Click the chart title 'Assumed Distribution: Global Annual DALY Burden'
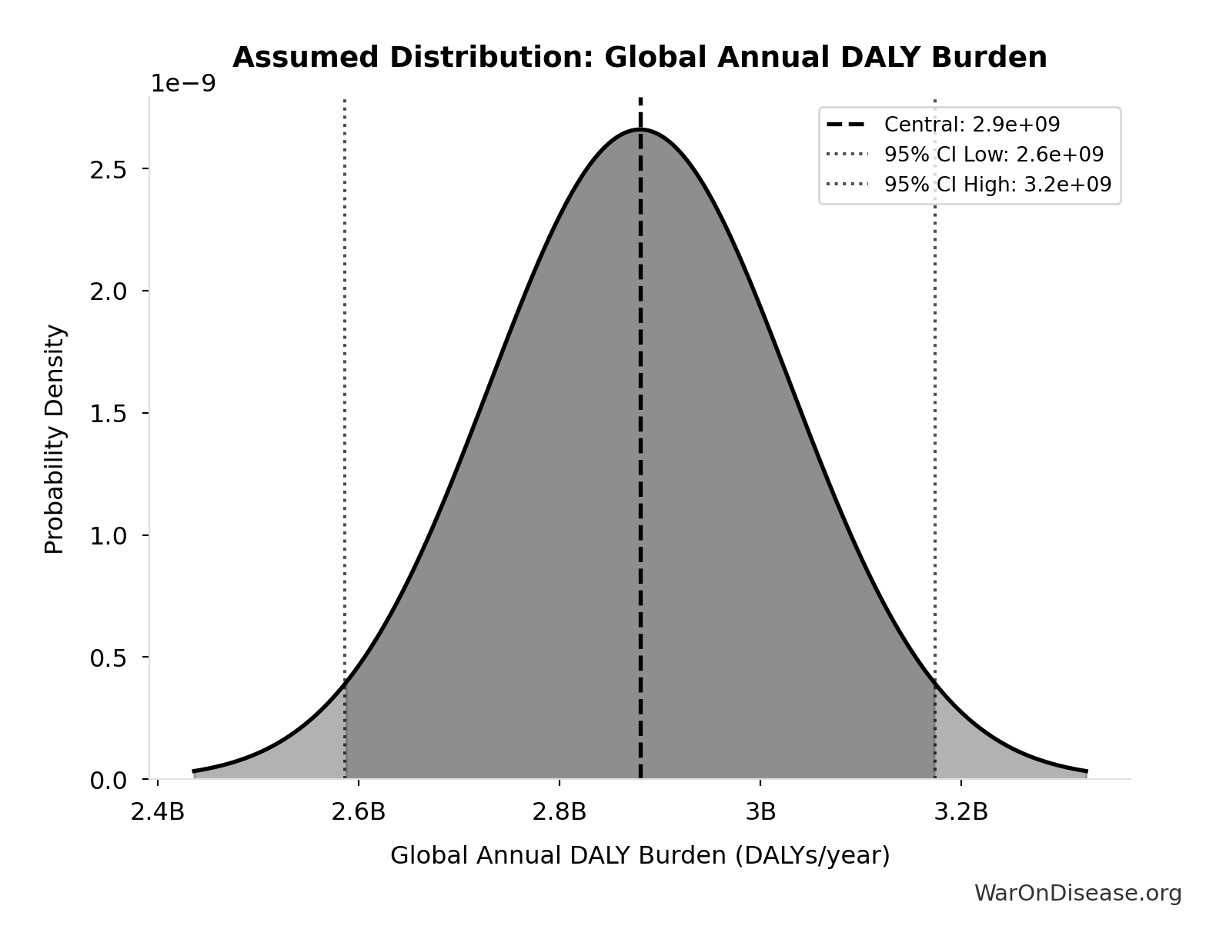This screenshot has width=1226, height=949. pos(640,58)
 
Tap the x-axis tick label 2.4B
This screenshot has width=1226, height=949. pos(158,812)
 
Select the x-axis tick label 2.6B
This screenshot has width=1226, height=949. pos(359,812)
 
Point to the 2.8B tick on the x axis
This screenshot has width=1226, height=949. pos(560,812)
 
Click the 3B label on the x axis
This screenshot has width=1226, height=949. pos(760,812)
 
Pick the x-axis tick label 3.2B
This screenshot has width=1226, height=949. pos(960,812)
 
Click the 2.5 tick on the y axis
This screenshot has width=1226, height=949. pos(109,169)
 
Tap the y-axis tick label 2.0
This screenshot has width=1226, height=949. pos(109,291)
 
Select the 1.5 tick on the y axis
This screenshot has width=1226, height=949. pos(109,414)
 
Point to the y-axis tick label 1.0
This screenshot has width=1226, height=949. pos(109,536)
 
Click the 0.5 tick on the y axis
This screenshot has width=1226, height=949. pos(109,658)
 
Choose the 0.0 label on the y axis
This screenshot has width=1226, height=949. pos(109,781)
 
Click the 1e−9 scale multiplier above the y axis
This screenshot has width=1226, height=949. pos(183,83)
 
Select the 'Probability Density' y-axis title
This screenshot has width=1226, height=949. pos(55,439)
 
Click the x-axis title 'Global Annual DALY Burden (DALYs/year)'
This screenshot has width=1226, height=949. pos(640,855)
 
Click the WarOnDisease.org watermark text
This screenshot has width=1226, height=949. pos(1077,893)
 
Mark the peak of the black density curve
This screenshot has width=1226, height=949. pos(640,129)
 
